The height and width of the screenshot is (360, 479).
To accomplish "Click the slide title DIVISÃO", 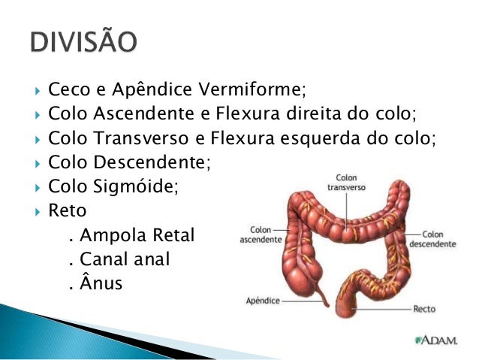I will (83, 42).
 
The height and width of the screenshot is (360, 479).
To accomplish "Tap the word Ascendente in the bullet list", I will (130, 114).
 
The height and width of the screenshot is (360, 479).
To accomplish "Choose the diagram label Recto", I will (424, 309).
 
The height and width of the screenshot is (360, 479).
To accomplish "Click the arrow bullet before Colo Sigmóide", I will (38, 185).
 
